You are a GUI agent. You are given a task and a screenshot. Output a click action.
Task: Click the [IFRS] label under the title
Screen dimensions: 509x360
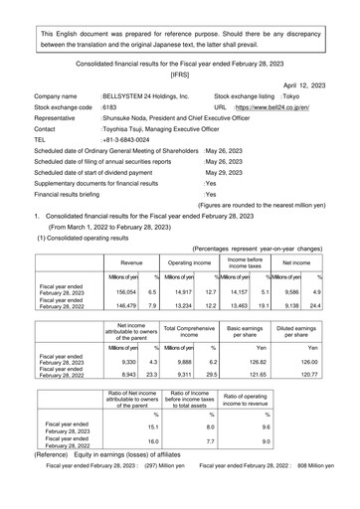click(x=180, y=74)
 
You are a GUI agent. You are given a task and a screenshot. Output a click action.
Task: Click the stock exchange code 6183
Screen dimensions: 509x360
click(x=109, y=115)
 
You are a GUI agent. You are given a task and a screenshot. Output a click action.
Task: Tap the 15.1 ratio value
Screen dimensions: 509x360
click(x=125, y=448)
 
